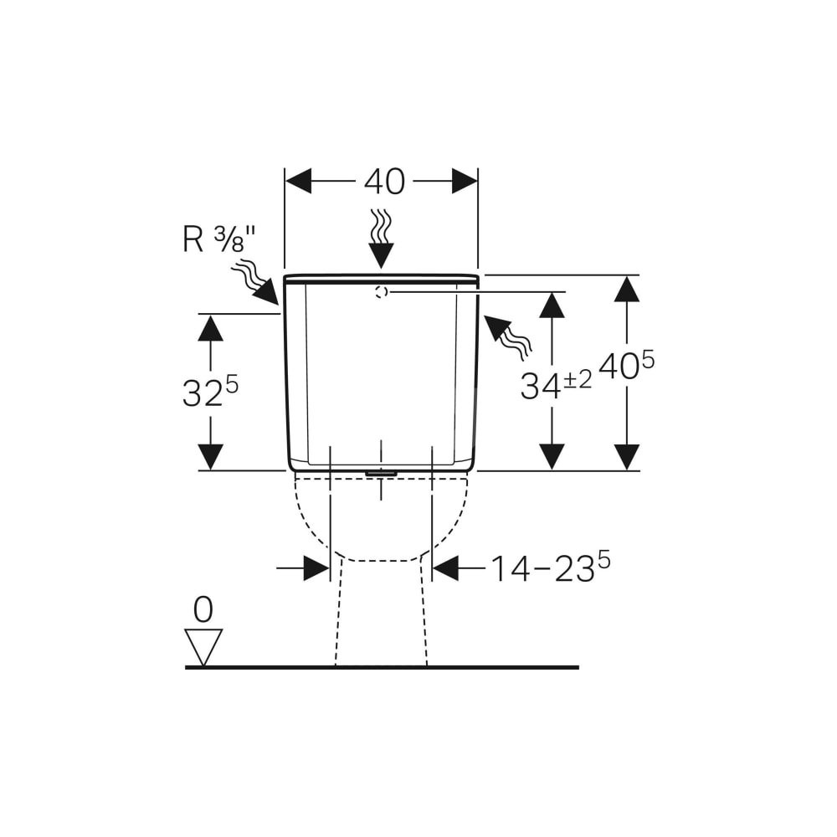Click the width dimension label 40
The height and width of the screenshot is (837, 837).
pos(384,182)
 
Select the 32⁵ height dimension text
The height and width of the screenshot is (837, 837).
pos(210,392)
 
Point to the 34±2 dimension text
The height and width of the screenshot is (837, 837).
pos(556,384)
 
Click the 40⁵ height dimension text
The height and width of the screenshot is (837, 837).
pos(626,367)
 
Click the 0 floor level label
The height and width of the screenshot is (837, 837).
pos(203,609)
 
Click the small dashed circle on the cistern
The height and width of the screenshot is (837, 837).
pos(381,291)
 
